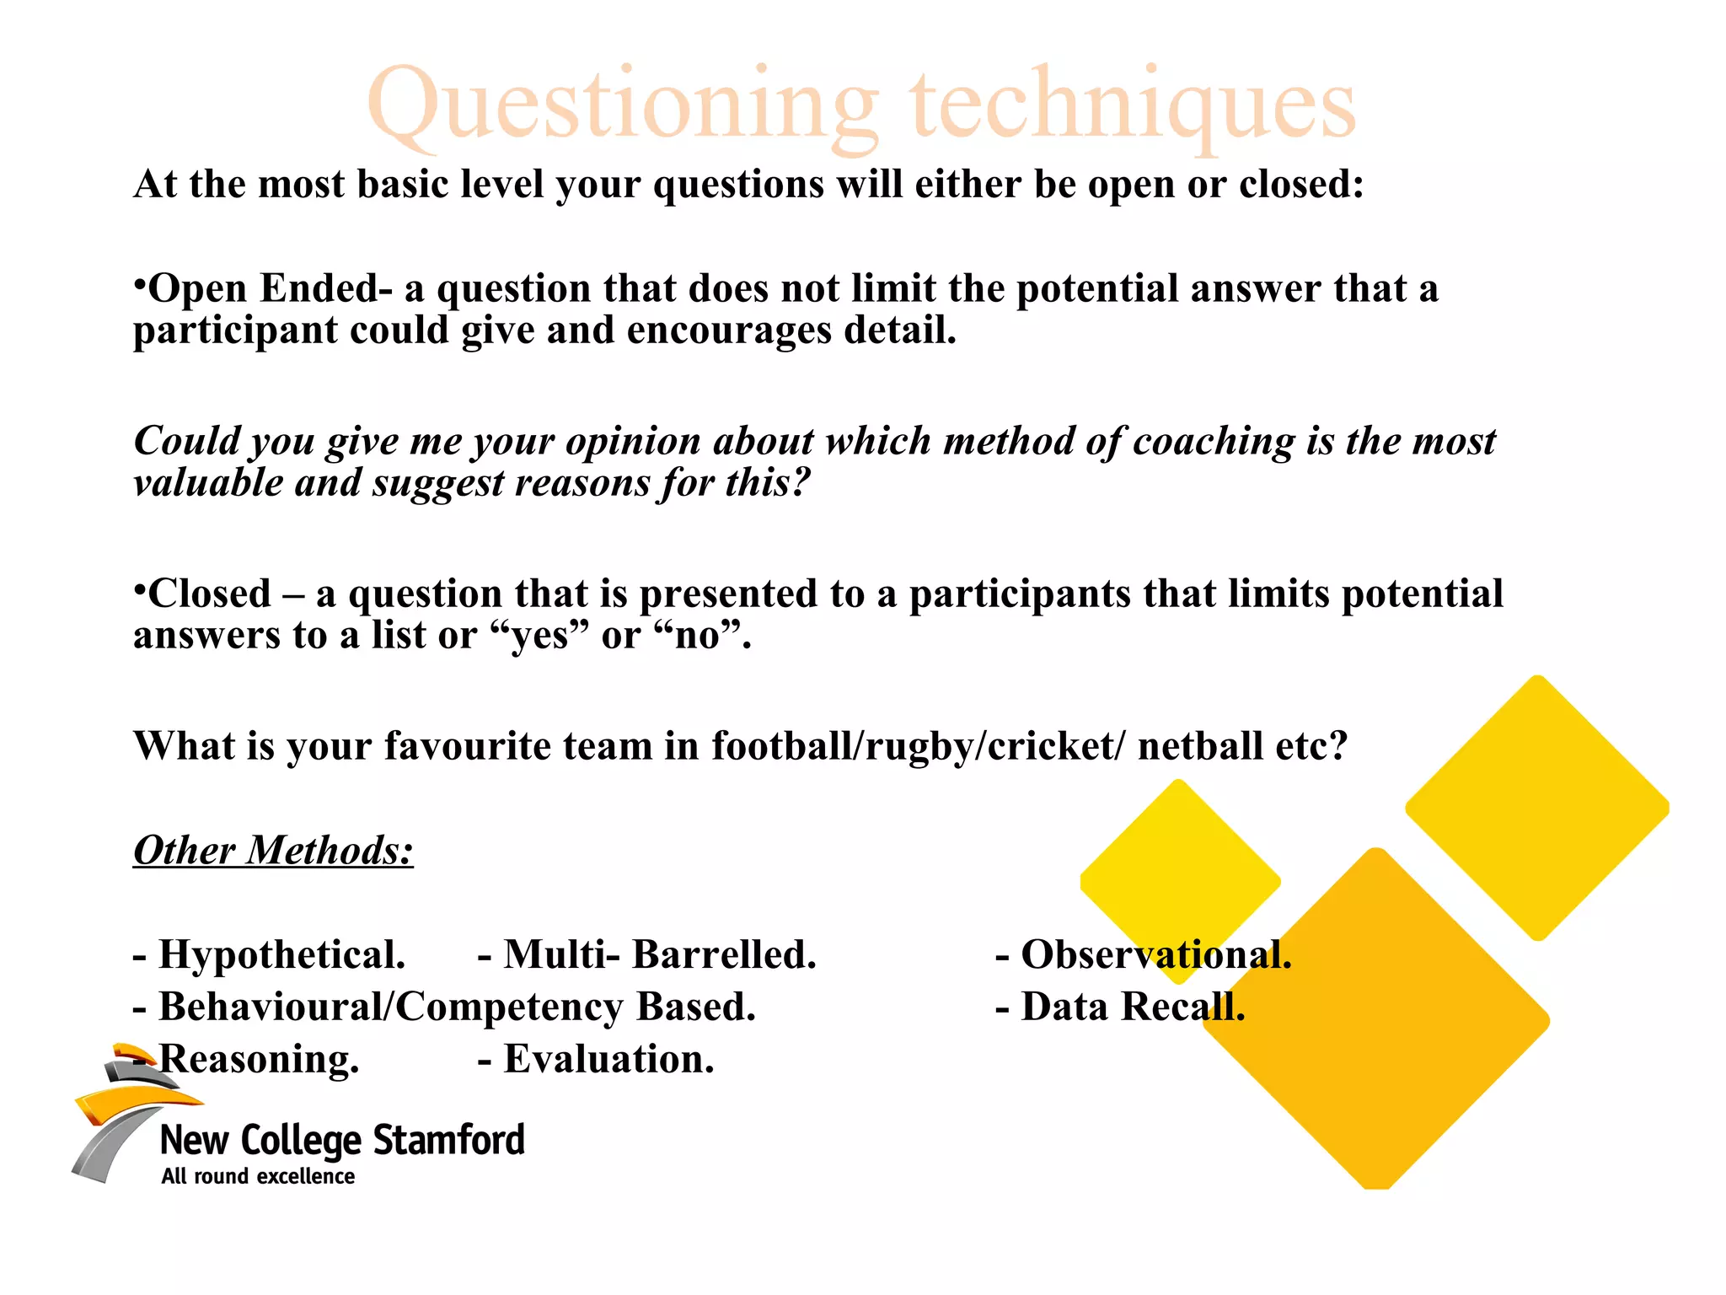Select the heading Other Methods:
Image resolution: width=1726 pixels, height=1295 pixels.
click(273, 850)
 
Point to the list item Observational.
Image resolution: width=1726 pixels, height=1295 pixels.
click(1155, 955)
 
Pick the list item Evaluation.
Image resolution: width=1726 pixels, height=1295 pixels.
click(608, 1059)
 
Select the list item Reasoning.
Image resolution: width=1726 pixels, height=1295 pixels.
click(258, 1059)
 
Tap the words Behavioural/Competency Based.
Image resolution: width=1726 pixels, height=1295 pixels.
click(456, 1007)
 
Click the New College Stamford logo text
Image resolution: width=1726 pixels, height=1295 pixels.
click(342, 1140)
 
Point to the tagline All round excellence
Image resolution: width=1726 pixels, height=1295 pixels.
click(258, 1176)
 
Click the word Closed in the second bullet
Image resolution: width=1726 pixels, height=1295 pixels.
click(209, 594)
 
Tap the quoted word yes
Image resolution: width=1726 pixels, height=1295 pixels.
click(539, 636)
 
